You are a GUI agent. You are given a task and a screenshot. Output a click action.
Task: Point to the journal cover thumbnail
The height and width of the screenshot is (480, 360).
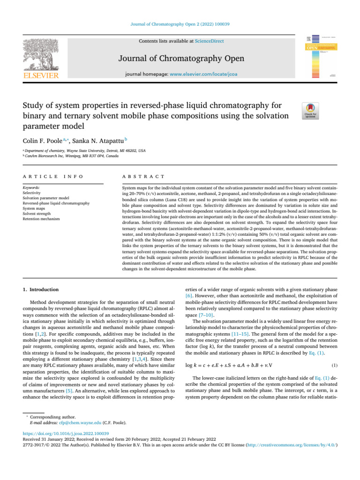(x=322, y=56)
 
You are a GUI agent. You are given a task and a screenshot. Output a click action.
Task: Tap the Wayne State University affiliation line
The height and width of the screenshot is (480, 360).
(x=85, y=151)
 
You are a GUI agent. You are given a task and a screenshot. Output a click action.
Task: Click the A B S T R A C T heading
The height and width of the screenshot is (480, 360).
(x=143, y=176)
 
